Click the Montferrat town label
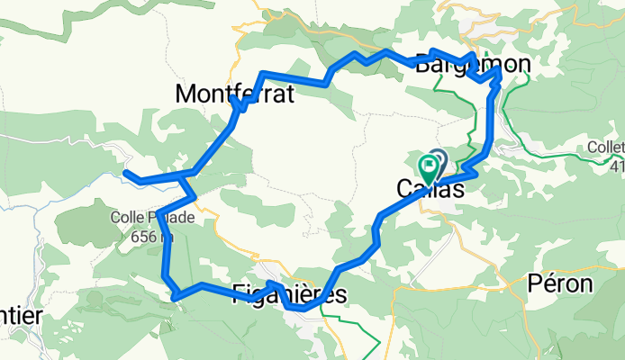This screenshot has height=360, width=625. pos(235,93)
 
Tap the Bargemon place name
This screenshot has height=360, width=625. pos(473,64)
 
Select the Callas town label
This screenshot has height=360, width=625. pos(431,190)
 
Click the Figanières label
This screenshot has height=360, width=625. pos(289,293)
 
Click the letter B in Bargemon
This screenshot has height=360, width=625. pos(423,64)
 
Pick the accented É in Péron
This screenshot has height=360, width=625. pos(546,283)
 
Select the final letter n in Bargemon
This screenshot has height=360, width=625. pos(523,64)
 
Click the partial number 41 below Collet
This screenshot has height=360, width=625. pos(616,166)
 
